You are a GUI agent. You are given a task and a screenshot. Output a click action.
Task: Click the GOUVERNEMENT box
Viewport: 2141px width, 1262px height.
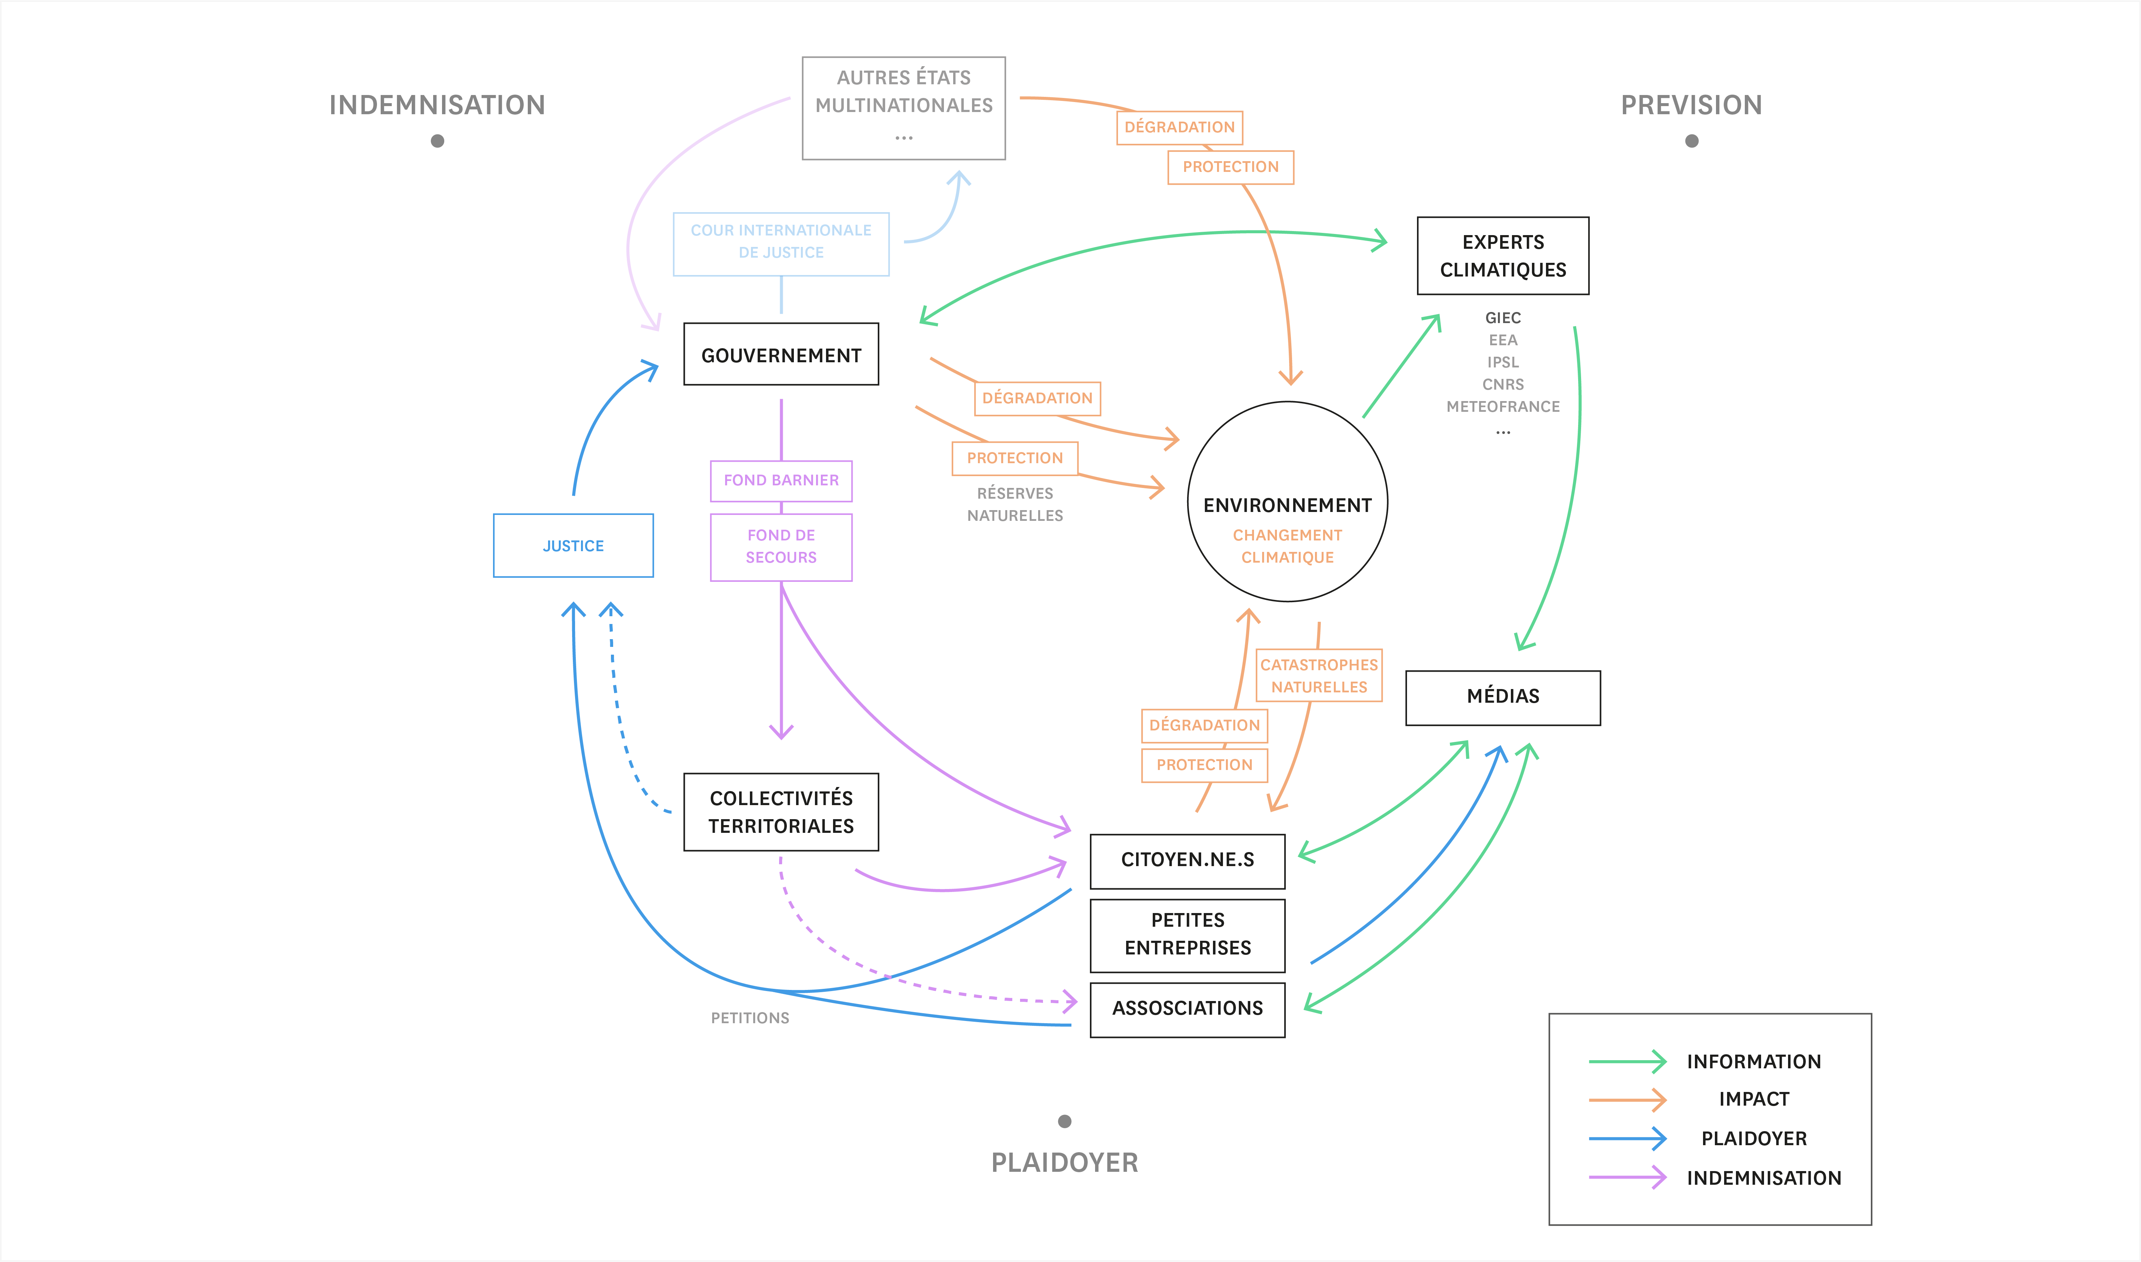pyautogui.click(x=781, y=354)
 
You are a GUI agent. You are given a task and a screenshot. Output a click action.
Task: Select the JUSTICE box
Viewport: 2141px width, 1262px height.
pyautogui.click(x=573, y=545)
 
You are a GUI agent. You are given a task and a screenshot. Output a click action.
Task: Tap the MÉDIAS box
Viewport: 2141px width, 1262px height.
pyautogui.click(x=1502, y=697)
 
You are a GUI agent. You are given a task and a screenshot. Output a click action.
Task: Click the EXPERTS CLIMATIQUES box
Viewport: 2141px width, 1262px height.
pyautogui.click(x=1502, y=255)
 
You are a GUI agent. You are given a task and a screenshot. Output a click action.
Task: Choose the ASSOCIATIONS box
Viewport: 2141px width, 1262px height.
pyautogui.click(x=1187, y=1010)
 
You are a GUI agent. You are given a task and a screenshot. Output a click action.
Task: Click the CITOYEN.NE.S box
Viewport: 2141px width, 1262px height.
pyautogui.click(x=1187, y=861)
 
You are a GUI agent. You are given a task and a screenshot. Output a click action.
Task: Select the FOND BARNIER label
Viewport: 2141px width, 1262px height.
pyautogui.click(x=781, y=481)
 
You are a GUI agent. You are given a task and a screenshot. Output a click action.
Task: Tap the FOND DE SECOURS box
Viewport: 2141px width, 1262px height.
pyautogui.click(x=781, y=547)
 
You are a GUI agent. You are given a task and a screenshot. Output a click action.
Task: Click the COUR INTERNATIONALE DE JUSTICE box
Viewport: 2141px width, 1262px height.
pyautogui.click(x=781, y=243)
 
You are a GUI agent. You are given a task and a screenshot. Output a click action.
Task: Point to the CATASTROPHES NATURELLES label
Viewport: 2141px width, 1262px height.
pyautogui.click(x=1319, y=675)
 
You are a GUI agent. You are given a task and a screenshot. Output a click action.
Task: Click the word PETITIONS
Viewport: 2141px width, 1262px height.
pyautogui.click(x=750, y=1018)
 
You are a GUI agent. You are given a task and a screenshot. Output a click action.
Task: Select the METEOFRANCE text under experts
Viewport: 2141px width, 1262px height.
pyautogui.click(x=1502, y=407)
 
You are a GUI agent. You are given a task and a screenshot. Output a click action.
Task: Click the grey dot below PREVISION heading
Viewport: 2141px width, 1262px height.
pyautogui.click(x=1691, y=141)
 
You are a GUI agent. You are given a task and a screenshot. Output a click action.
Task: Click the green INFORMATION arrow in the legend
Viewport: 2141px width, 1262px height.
pyautogui.click(x=1627, y=1061)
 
